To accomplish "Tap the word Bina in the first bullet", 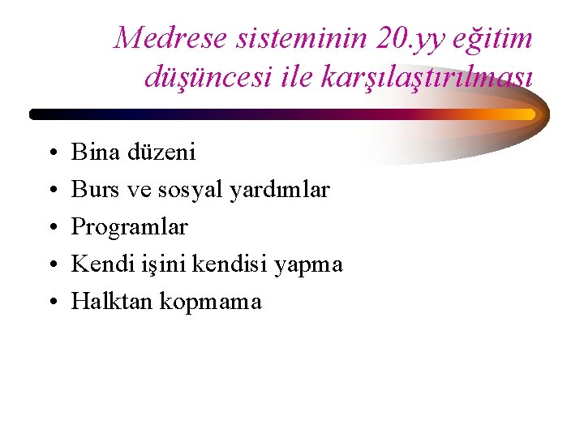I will point(95,152).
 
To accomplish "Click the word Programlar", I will point(130,227).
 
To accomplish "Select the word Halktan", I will point(112,302).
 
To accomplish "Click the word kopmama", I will point(211,303).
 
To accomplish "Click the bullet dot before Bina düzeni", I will point(50,152).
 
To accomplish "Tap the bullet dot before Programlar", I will point(50,228).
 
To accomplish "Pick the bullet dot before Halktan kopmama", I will point(50,303).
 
